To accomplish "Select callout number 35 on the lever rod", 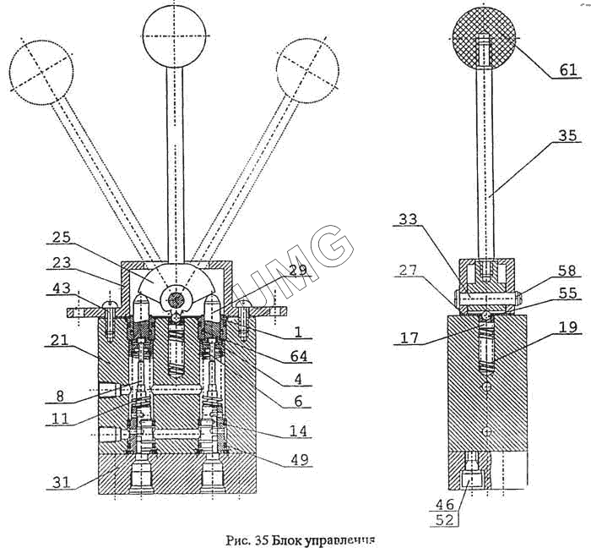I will click(567, 135).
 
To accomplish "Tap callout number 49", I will click(301, 460).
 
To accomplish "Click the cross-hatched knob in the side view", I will click(483, 36).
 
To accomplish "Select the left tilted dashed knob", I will click(41, 72).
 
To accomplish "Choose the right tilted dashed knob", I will click(308, 71).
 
